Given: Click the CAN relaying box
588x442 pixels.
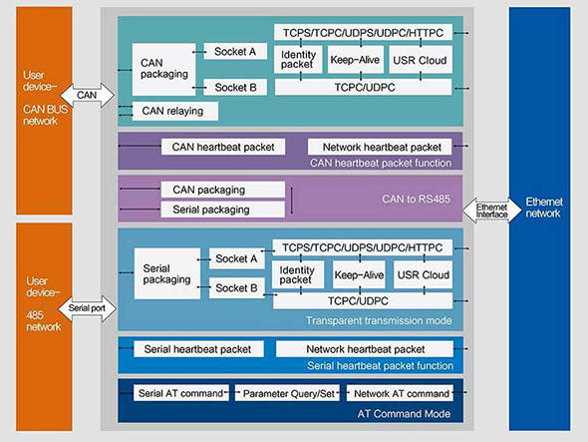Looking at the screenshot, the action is pyautogui.click(x=175, y=111).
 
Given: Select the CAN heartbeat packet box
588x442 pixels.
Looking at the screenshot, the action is pyautogui.click(x=223, y=147).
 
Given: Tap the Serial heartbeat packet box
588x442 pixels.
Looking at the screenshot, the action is pyautogui.click(x=198, y=349).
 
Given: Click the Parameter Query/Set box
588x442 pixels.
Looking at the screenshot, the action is pyautogui.click(x=287, y=393).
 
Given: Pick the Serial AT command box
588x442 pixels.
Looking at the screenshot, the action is pyautogui.click(x=181, y=393).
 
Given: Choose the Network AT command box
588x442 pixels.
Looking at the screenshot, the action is pyautogui.click(x=400, y=393).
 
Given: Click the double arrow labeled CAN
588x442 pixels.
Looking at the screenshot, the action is pyautogui.click(x=87, y=96).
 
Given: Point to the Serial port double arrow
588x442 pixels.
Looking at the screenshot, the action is pyautogui.click(x=88, y=308).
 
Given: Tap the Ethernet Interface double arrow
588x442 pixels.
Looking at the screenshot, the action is pyautogui.click(x=491, y=211).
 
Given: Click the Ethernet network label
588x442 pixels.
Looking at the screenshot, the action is pyautogui.click(x=544, y=208).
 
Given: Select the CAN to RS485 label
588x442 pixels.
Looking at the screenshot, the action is pyautogui.click(x=416, y=199).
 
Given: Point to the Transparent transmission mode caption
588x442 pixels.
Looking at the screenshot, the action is pyautogui.click(x=379, y=320).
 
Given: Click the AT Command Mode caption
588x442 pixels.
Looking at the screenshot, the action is pyautogui.click(x=404, y=414).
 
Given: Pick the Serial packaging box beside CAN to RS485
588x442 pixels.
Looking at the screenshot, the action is pyautogui.click(x=223, y=210).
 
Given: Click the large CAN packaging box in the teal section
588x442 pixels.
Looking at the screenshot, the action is pyautogui.click(x=163, y=70).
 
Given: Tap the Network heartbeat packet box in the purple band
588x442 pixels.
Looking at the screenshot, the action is pyautogui.click(x=380, y=147).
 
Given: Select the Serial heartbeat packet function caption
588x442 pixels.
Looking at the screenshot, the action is pyautogui.click(x=380, y=366).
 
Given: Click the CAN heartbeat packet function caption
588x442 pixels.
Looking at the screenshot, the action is pyautogui.click(x=381, y=163).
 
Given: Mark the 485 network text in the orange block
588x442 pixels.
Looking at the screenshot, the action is pyautogui.click(x=43, y=321).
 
